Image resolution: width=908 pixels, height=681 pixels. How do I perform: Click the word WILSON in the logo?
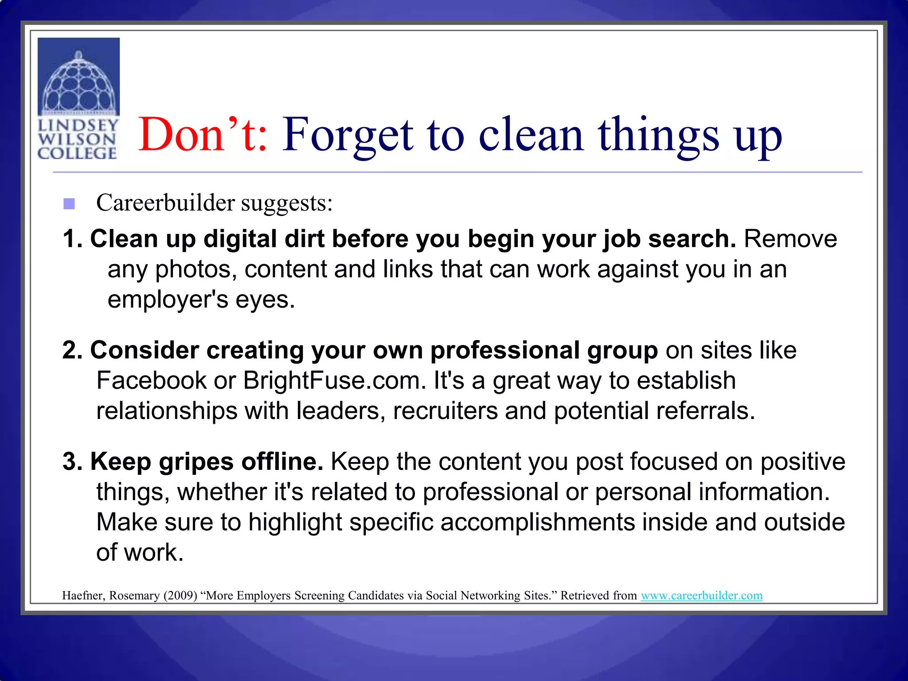(77, 139)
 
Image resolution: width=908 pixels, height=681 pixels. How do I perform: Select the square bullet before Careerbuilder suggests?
(69, 204)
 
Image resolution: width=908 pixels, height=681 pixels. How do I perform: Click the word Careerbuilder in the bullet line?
(165, 203)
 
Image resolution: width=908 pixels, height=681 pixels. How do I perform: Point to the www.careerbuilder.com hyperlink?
(701, 595)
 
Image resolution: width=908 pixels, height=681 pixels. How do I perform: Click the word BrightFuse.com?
(334, 380)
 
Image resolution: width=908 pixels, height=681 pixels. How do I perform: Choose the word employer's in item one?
(168, 300)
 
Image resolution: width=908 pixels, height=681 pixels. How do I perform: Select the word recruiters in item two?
(445, 411)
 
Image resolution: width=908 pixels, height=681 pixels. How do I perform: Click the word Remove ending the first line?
(791, 239)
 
